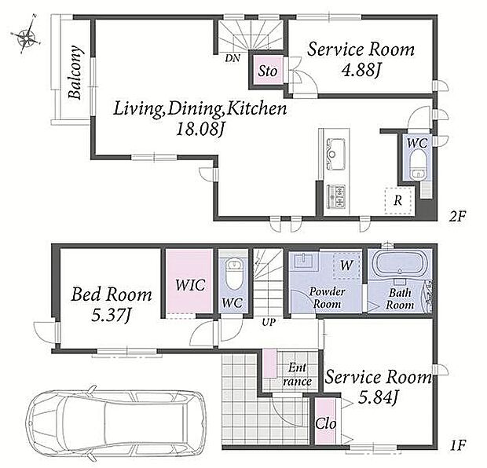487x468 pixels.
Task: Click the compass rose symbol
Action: tap(27, 35)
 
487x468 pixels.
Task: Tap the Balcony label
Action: tap(75, 72)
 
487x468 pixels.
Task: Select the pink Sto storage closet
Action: tap(268, 71)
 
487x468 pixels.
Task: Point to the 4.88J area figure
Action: tap(361, 70)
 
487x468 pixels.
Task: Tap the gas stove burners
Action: tap(336, 196)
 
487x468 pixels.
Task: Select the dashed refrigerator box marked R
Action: tap(398, 200)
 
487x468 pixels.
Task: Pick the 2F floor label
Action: tap(457, 216)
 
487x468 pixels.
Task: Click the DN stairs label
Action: tap(233, 58)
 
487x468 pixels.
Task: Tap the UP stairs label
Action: tap(269, 323)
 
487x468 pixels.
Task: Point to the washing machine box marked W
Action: tap(347, 265)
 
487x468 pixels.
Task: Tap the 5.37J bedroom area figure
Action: tap(111, 315)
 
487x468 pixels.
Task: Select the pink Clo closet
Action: tap(325, 421)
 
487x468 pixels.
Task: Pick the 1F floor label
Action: tap(457, 446)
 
